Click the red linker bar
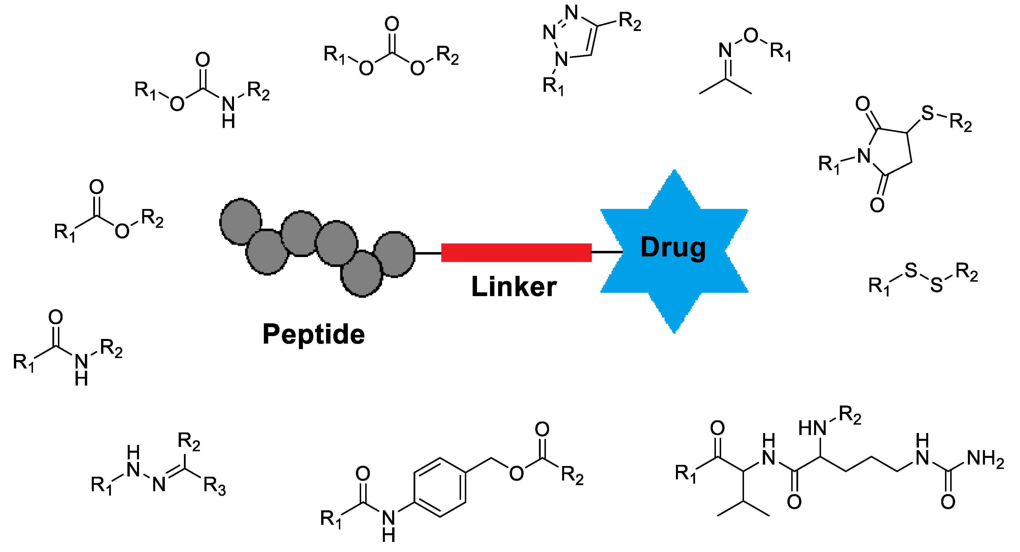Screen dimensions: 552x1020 coord(516,252)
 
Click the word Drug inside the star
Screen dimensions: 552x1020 coord(673,248)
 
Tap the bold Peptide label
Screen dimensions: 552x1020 coord(314,334)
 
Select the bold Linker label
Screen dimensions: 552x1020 coord(514,287)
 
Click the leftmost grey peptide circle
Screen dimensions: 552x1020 coord(240,222)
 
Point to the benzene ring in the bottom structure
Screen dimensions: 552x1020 coord(440,487)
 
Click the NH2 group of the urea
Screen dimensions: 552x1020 coord(985,459)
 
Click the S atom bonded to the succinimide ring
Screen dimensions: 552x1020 coord(927,113)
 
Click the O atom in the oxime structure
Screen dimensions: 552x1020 coord(751,36)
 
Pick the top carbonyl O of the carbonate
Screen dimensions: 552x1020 coord(392,24)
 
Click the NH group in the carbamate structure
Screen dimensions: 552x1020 coord(229,112)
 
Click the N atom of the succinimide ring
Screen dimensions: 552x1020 coord(864,156)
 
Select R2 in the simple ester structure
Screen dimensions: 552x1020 coord(152,219)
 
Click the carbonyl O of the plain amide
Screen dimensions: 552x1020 coord(55,317)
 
